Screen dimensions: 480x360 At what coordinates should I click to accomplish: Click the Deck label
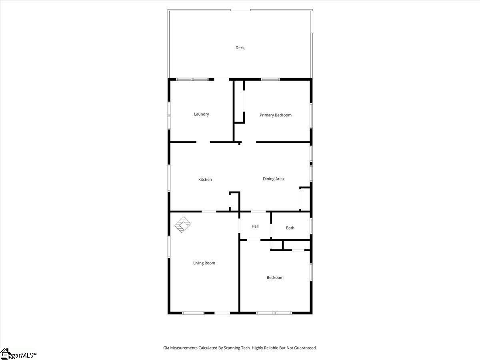tap(240, 48)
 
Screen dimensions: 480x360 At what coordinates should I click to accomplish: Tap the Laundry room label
tap(202, 114)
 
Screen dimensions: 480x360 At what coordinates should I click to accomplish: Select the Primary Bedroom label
tap(276, 115)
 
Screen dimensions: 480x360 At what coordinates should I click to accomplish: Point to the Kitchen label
tap(205, 180)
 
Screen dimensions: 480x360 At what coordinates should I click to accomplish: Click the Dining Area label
tap(273, 179)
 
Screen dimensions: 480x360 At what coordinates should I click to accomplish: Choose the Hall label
tap(255, 226)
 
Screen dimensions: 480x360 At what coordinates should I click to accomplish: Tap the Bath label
tap(290, 228)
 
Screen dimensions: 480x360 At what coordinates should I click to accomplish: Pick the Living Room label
tap(204, 263)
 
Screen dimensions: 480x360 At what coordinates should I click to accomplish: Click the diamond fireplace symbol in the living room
tap(182, 225)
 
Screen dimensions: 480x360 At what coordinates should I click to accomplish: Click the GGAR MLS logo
tap(18, 354)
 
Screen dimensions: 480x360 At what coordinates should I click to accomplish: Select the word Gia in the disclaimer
tap(166, 348)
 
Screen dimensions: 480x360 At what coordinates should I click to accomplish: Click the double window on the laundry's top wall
tap(192, 79)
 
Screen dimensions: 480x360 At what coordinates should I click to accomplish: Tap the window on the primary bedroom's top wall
tap(270, 79)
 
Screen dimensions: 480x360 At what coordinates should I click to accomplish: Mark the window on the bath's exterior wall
tap(311, 226)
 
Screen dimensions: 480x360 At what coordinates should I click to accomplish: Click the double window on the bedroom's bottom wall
tap(274, 313)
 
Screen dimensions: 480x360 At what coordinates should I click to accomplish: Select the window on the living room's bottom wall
tap(193, 313)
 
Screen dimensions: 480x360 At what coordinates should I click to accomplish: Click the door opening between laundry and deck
tap(222, 79)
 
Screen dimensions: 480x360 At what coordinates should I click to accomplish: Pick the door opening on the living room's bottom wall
tap(222, 313)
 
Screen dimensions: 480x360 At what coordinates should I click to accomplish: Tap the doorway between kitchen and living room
tap(209, 212)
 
